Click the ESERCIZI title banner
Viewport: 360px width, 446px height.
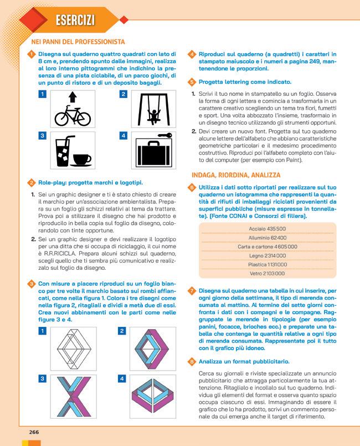(74, 20)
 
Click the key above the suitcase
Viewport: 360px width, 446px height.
(164, 135)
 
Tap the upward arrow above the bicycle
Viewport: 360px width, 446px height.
(72, 99)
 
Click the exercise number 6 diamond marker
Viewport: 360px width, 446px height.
(191, 188)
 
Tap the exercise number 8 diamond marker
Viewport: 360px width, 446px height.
(191, 361)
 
